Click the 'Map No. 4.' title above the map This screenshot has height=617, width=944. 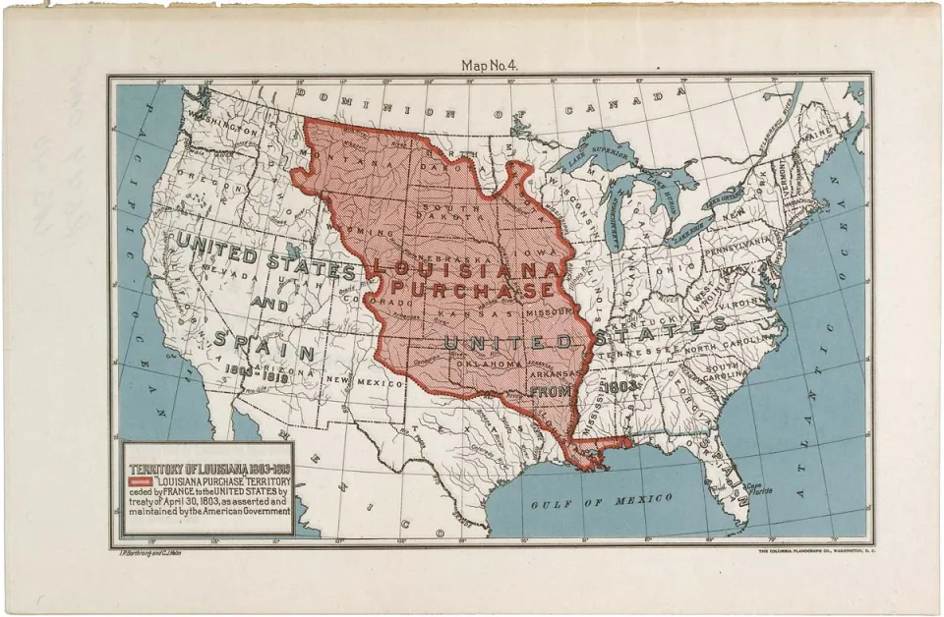pos(489,65)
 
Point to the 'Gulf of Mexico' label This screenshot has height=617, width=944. pos(602,501)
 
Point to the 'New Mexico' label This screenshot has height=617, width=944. pos(352,380)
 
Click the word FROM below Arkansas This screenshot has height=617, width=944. pos(552,390)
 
